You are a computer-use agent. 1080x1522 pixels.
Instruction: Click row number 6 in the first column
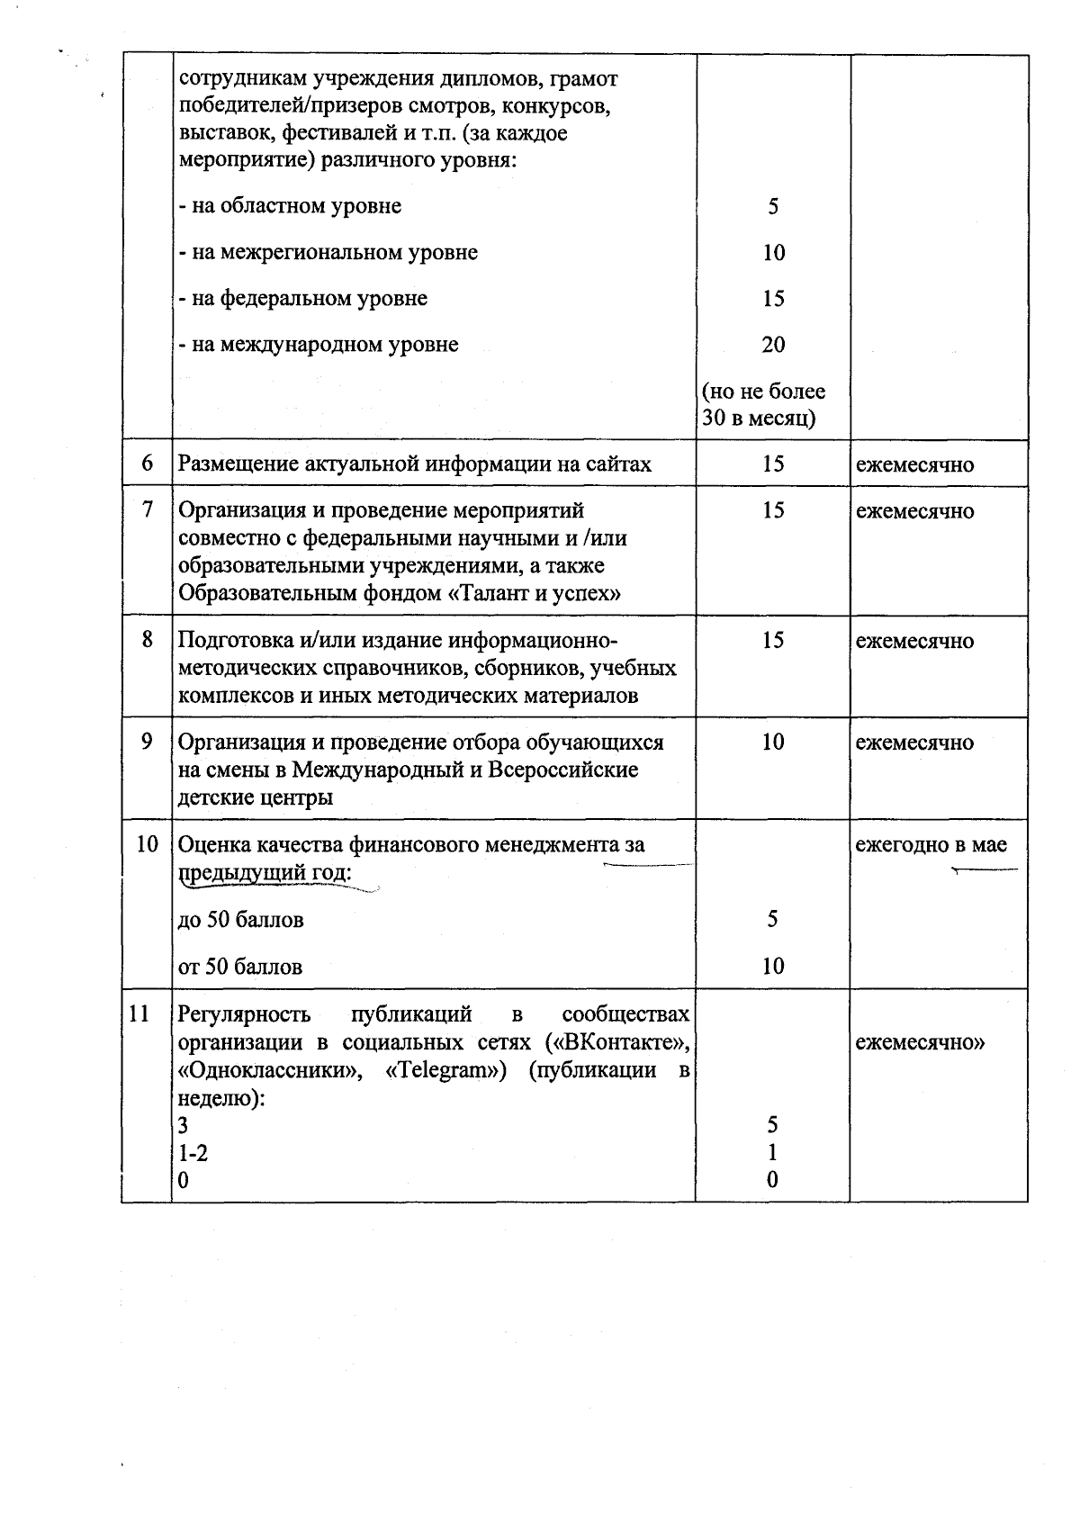pyautogui.click(x=148, y=464)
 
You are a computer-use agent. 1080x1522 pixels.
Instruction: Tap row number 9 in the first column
pyautogui.click(x=148, y=742)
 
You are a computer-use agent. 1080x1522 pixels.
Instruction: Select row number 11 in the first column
pyautogui.click(x=139, y=1013)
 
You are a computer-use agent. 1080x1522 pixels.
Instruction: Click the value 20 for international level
pyautogui.click(x=773, y=345)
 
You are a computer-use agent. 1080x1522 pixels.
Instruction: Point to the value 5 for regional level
pyautogui.click(x=773, y=206)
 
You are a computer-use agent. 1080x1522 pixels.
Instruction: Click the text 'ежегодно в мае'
pyautogui.click(x=931, y=844)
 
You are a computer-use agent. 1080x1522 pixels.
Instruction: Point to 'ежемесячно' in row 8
pyautogui.click(x=914, y=641)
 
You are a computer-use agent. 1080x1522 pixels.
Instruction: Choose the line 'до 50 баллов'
pyautogui.click(x=240, y=920)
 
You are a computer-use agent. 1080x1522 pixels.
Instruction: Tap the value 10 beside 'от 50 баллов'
pyautogui.click(x=773, y=967)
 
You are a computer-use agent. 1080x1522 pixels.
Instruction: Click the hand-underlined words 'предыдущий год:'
pyautogui.click(x=265, y=873)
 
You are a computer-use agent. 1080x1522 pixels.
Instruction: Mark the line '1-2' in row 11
pyautogui.click(x=193, y=1153)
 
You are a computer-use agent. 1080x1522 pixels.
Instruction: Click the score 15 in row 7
pyautogui.click(x=773, y=510)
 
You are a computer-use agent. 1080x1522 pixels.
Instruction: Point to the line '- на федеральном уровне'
pyautogui.click(x=302, y=299)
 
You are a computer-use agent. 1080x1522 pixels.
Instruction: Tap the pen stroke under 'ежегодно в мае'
pyautogui.click(x=985, y=869)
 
